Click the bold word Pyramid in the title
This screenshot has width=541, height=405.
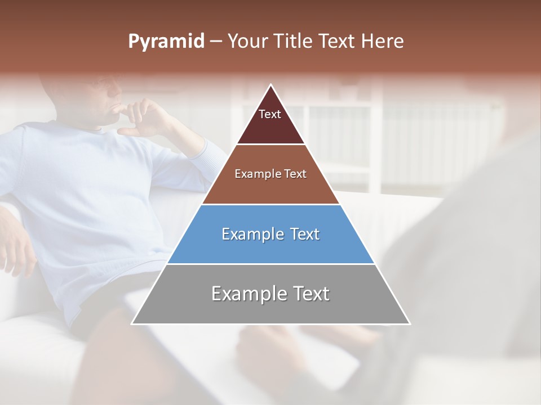click(x=166, y=41)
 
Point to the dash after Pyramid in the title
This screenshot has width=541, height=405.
click(x=216, y=42)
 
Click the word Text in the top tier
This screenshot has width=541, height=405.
click(x=270, y=114)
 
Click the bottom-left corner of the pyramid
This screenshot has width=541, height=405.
click(x=133, y=323)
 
